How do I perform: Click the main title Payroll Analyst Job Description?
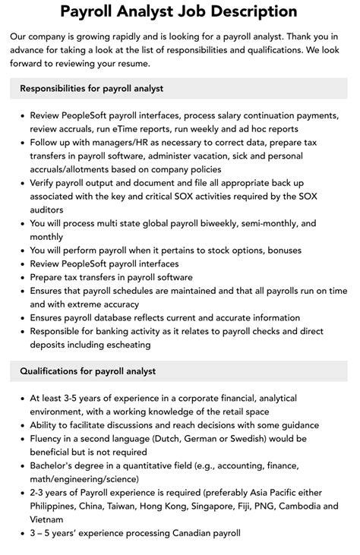179,11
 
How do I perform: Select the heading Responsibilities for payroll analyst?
91,89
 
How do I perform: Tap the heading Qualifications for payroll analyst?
88,371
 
